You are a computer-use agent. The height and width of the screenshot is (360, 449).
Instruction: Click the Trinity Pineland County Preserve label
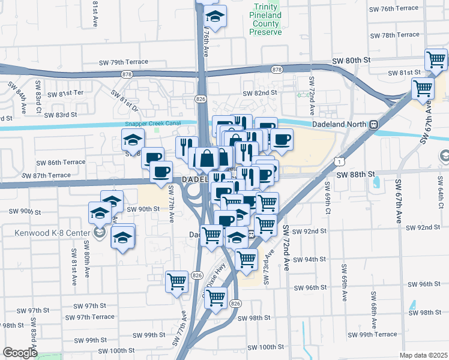[265, 19]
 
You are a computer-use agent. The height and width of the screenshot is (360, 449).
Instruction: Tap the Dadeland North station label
[340, 124]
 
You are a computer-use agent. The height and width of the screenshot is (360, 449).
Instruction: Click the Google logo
[19, 353]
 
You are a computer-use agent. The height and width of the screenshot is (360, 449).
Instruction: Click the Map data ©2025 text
[423, 355]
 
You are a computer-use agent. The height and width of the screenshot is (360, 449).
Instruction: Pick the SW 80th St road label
[352, 61]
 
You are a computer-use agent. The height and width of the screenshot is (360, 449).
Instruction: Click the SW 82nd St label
[260, 93]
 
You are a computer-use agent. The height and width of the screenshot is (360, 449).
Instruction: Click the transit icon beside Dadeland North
[373, 124]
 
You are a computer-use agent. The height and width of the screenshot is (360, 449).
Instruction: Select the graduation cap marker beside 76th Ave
[213, 14]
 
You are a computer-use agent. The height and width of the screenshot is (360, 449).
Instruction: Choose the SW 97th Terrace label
[89, 317]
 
